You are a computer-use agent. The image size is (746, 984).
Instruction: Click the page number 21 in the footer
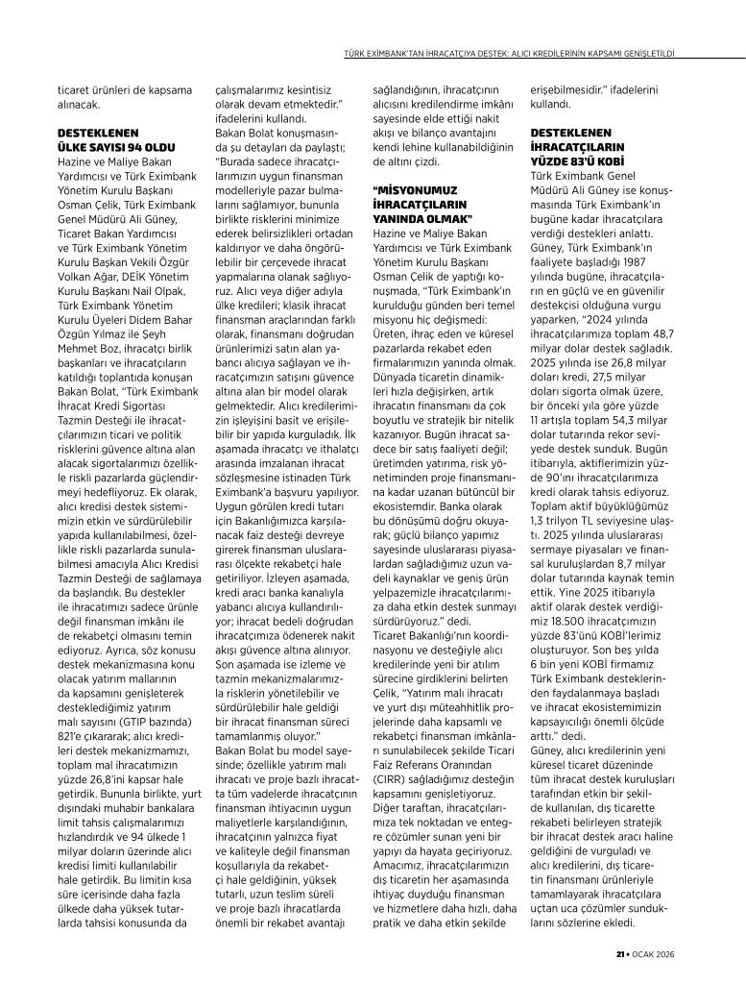click(x=620, y=954)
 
